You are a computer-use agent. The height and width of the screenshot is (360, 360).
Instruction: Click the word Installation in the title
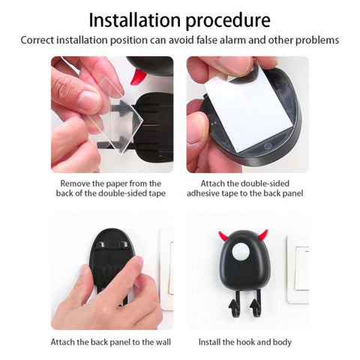click(x=134, y=20)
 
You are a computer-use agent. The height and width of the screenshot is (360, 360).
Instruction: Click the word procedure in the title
click(x=228, y=21)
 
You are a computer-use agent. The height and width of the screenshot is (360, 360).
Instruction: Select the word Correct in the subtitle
click(x=37, y=40)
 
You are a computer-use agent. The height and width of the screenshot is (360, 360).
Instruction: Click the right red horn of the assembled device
click(x=263, y=235)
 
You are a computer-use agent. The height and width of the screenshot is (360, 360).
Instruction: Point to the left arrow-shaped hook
click(x=234, y=306)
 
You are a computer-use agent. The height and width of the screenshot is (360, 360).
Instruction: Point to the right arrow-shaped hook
click(x=256, y=305)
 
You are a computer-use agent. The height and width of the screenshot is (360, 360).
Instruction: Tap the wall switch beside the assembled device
click(x=298, y=268)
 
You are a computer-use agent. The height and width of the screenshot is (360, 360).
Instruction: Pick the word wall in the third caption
click(x=163, y=342)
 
